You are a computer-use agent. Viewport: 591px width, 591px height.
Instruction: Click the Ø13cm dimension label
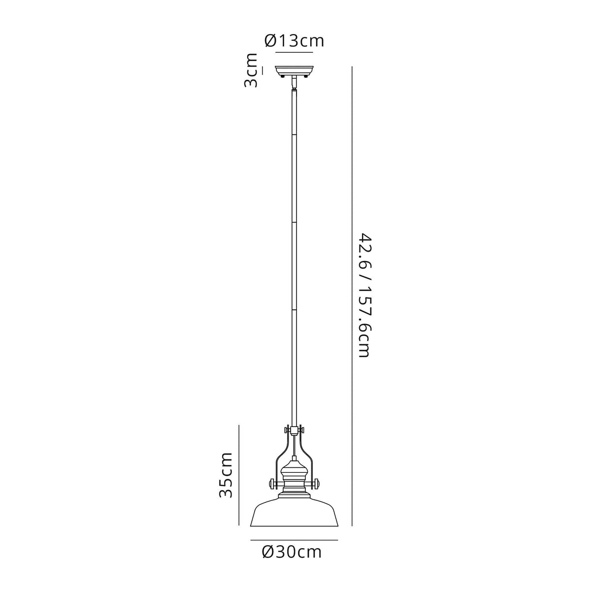click(x=295, y=40)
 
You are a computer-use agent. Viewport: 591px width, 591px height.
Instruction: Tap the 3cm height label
click(x=251, y=70)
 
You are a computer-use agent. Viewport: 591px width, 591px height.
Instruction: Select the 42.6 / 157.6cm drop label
click(x=364, y=295)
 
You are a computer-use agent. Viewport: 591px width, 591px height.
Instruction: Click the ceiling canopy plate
click(x=294, y=70)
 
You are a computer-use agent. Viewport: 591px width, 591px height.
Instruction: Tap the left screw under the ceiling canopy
click(x=281, y=76)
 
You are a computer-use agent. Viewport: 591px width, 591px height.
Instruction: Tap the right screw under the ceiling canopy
click(x=307, y=76)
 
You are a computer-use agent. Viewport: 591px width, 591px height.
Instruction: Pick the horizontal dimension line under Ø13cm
click(x=294, y=52)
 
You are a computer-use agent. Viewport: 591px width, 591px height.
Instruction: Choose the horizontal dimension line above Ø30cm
click(x=294, y=540)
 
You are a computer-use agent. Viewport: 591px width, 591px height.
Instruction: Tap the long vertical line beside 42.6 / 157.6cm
click(x=352, y=295)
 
